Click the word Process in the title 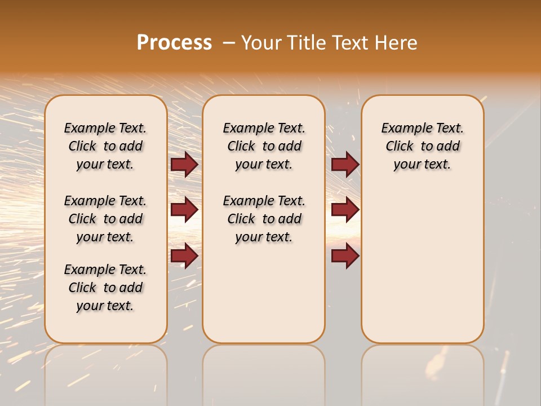tap(174, 43)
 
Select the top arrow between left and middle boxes tap(184, 164)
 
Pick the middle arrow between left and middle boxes tap(184, 210)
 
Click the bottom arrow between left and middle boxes tap(184, 256)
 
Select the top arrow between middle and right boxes tap(345, 164)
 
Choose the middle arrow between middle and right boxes tap(345, 210)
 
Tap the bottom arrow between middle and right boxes tap(345, 256)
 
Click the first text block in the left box tap(105, 146)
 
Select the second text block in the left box tap(105, 219)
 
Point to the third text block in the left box tap(105, 288)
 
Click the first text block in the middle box tap(264, 146)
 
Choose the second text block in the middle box tap(264, 219)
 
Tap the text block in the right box tap(422, 146)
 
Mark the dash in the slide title tap(228, 43)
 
